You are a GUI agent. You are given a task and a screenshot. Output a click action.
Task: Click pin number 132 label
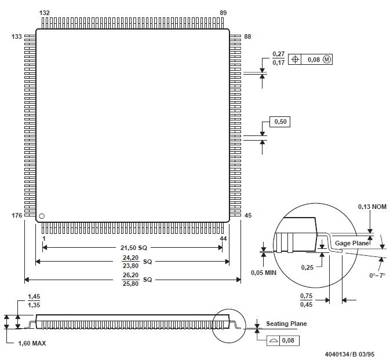point(45,12)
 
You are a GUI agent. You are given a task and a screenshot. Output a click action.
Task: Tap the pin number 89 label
point(224,12)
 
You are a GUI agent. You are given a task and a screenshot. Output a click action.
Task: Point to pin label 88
point(247,36)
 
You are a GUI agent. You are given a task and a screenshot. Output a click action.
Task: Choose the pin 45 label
point(248,215)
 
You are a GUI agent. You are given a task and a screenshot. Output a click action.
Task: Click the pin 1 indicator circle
point(42,216)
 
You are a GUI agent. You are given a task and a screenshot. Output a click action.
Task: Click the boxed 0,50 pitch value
point(280,122)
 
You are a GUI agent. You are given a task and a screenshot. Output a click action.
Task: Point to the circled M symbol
point(327,59)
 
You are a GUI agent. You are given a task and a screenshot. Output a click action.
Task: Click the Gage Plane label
point(352,243)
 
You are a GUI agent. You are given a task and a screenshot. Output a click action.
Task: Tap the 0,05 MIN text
point(264,273)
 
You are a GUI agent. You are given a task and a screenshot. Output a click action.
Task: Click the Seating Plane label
point(286,324)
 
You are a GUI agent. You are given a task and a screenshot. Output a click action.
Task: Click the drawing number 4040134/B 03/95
point(350,353)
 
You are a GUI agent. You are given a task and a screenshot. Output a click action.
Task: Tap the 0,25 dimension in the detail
point(307,267)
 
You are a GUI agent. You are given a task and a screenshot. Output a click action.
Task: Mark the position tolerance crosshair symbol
point(296,59)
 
